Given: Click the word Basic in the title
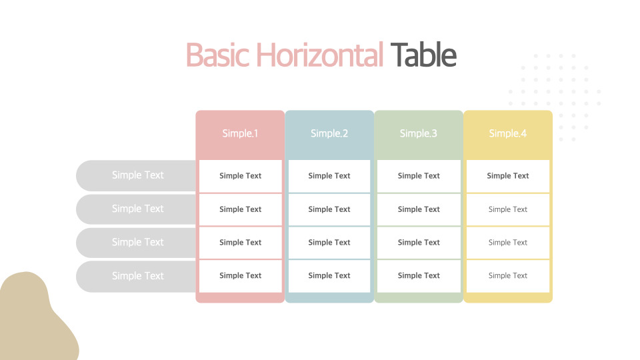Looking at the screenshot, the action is point(217,55).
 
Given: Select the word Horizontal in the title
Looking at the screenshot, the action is point(319,55).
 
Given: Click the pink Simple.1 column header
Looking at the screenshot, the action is point(240,133).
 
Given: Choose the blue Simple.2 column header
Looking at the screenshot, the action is point(329,133).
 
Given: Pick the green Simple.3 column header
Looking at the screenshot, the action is point(419,133).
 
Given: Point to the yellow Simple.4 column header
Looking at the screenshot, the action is point(508,133).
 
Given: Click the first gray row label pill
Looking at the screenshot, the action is point(136,175).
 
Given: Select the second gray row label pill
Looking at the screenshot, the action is point(136,209).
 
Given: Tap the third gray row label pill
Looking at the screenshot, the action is point(136,243).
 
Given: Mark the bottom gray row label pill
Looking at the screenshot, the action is point(136,276).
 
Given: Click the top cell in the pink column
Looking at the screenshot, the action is point(241,176).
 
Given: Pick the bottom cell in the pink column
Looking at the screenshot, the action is point(241,276).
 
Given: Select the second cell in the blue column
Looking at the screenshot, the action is point(329,209).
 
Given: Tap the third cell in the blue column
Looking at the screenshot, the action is point(329,243).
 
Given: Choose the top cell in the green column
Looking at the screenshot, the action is point(419,176).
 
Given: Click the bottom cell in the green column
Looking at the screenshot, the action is point(419,276).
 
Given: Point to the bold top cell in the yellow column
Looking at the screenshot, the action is point(508,176).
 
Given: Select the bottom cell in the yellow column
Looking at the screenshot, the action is point(508,276).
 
